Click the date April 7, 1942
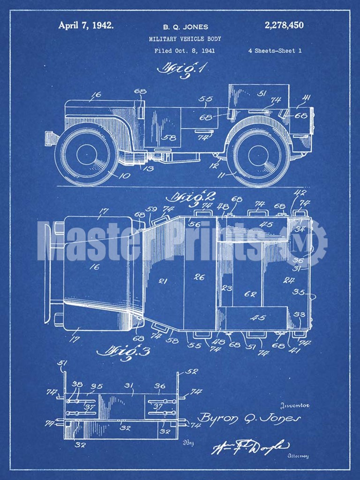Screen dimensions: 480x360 [86, 25]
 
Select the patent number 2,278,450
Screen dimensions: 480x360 [284, 25]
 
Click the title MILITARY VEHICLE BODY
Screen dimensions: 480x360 [185, 39]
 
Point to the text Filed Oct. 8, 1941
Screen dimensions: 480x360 [184, 51]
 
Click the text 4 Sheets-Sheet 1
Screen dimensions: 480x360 [275, 51]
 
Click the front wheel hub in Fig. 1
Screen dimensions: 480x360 [86, 154]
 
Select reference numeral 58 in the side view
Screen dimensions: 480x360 [171, 138]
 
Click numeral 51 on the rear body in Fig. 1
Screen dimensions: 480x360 [262, 93]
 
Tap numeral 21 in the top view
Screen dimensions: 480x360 [163, 281]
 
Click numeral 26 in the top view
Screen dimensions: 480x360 [199, 277]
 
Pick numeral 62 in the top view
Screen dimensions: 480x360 [250, 294]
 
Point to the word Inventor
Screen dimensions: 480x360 [294, 405]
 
